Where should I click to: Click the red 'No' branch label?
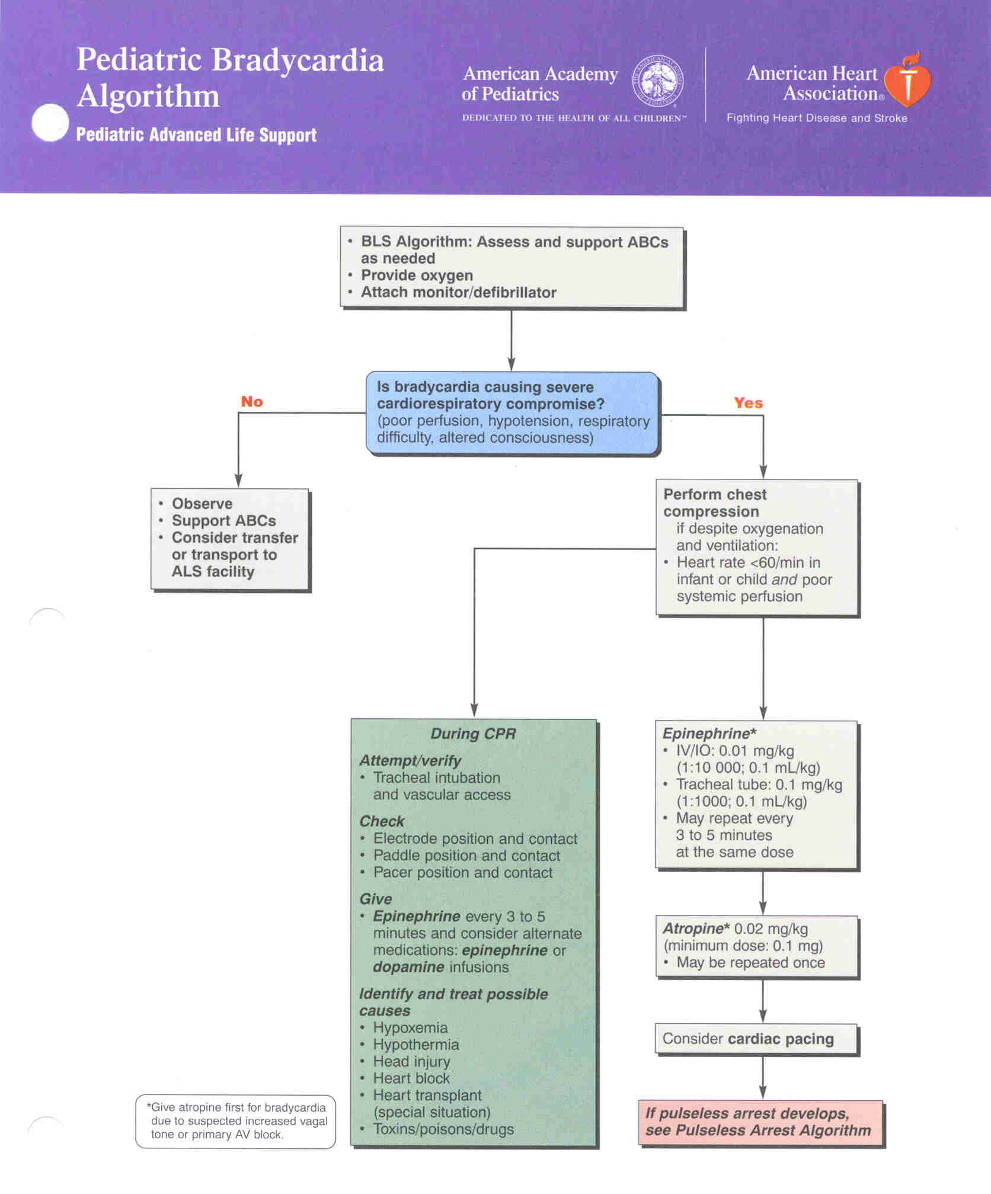pos(252,402)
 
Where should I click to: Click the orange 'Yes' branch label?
pos(748,403)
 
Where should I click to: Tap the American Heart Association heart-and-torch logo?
pos(907,79)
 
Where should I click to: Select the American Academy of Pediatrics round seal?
pos(658,81)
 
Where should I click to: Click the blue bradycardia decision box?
pos(512,412)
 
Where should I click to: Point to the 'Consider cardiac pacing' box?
pos(756,1039)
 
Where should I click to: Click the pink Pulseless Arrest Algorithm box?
pos(760,1122)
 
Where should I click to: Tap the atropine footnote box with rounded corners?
pos(235,1121)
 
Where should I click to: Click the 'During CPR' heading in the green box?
pos(473,734)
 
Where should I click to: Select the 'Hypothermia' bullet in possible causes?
pos(416,1045)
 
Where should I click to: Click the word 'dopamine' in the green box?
pos(408,967)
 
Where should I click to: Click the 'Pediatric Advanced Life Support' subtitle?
pos(196,135)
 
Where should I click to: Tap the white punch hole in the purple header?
pos(50,123)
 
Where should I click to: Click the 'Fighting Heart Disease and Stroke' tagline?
pos(817,118)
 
